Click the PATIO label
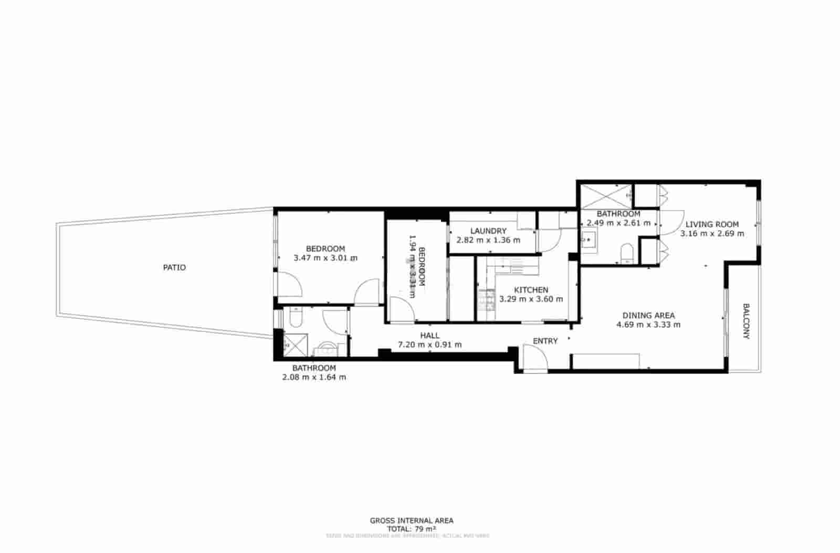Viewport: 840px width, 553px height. pos(174,267)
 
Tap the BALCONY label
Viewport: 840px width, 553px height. pos(745,321)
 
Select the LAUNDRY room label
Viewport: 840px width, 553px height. pos(488,231)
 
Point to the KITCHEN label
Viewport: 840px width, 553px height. pos(531,290)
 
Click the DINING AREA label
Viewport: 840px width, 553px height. pos(648,316)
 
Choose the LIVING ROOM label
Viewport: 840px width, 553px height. pos(712,224)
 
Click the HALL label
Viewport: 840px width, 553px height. pos(429,336)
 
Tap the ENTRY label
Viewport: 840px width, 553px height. pos(545,341)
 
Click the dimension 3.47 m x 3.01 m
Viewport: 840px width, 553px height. pos(325,258)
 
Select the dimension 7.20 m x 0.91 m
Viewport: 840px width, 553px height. pos(429,345)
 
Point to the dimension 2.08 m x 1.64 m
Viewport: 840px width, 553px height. pos(314,377)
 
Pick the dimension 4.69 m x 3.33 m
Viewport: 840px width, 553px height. pos(648,325)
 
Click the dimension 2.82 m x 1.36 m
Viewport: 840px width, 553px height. pos(488,240)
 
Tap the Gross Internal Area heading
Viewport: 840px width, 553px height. pos(412,521)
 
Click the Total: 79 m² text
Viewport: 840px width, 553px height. pos(412,529)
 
